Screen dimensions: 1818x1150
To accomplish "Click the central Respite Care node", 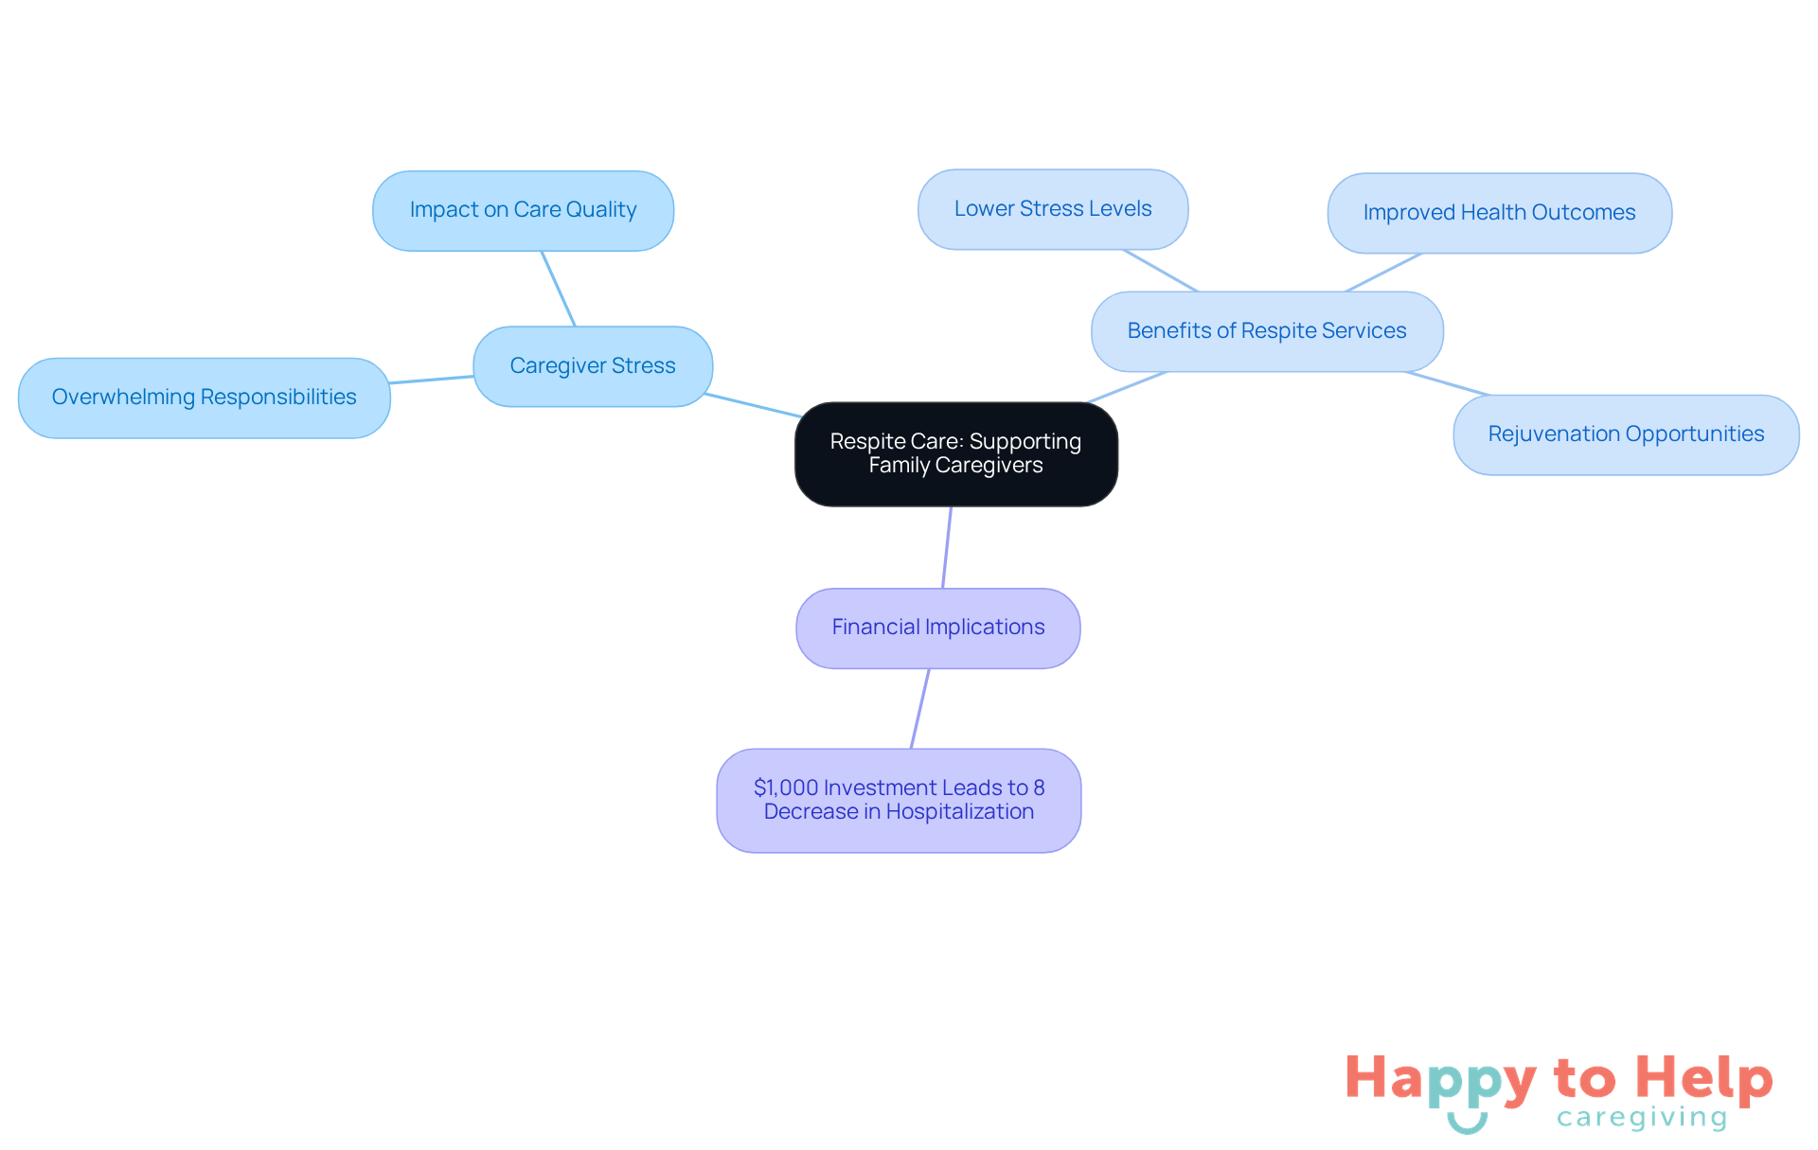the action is [x=955, y=453].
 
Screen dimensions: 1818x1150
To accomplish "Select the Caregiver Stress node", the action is [x=592, y=366].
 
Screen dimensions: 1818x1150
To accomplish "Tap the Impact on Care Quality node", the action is [x=523, y=210].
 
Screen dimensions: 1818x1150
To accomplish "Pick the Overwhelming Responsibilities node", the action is [x=204, y=398].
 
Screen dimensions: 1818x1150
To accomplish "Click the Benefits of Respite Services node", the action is [x=1266, y=331].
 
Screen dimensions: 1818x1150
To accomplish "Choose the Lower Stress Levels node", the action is [x=1052, y=209].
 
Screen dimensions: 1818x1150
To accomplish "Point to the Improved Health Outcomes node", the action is [x=1499, y=213].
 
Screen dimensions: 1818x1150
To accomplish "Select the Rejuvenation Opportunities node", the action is [x=1625, y=434].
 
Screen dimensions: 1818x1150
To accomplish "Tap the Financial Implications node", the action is [x=937, y=628].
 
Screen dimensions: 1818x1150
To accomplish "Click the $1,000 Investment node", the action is [x=899, y=800].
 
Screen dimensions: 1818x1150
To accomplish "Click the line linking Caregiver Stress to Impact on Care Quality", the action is [x=559, y=289].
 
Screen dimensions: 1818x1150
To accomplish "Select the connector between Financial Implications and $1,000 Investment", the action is [x=919, y=709].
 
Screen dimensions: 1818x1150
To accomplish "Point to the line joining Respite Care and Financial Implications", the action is [x=947, y=547].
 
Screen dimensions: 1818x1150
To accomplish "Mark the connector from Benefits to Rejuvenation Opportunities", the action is [x=1448, y=383].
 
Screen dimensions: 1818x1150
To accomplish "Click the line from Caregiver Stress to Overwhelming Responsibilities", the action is [x=432, y=380].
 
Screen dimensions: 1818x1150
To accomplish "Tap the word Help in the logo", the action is [x=1704, y=1079].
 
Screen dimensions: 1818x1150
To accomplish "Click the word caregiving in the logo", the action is [x=1642, y=1118].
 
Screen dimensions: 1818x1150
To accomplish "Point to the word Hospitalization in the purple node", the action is [x=959, y=812].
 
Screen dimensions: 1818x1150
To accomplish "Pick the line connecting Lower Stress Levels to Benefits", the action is [x=1161, y=271].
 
